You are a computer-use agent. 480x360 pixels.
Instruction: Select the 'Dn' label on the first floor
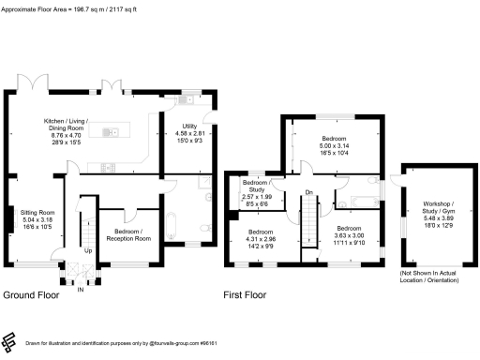pos(308,193)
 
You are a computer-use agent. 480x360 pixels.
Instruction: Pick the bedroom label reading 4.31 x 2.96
pos(262,238)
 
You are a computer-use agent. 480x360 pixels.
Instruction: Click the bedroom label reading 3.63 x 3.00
pos(350,234)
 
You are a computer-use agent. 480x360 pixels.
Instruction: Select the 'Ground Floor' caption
pos(30,294)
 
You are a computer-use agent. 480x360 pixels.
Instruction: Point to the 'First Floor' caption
pos(246,294)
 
